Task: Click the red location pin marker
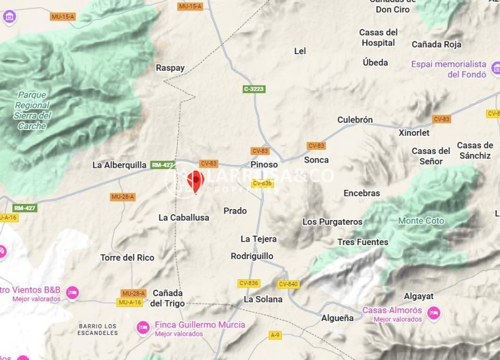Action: (196, 179)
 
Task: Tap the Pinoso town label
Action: (264, 164)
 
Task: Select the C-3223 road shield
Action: (254, 89)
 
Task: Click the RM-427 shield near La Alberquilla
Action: (163, 165)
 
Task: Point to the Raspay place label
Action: (170, 68)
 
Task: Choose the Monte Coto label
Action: (421, 221)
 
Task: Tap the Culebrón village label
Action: (355, 120)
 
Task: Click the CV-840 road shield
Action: (288, 284)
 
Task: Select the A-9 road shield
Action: (275, 335)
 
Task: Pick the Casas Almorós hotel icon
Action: (433, 314)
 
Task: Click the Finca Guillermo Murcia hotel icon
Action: (143, 328)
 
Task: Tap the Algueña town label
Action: (337, 318)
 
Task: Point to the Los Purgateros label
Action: (332, 222)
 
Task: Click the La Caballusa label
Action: (184, 217)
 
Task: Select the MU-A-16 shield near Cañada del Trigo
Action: (130, 303)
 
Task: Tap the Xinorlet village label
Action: (414, 132)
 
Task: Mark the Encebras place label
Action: (362, 193)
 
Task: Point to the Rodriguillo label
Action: (251, 255)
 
